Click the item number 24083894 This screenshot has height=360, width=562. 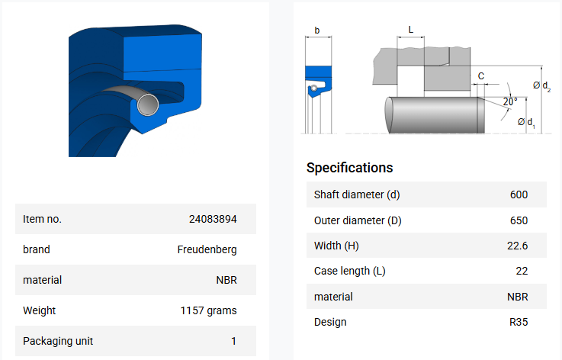(213, 219)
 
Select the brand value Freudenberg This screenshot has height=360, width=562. (207, 249)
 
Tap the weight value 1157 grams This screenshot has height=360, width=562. (209, 310)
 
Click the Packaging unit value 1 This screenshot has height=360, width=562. (233, 341)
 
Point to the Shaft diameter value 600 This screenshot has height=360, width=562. (519, 194)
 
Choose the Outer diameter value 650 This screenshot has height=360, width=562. (519, 220)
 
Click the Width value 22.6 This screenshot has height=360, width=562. (517, 246)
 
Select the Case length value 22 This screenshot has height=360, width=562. (522, 271)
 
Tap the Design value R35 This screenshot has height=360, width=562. (519, 322)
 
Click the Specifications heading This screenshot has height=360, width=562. (349, 168)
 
